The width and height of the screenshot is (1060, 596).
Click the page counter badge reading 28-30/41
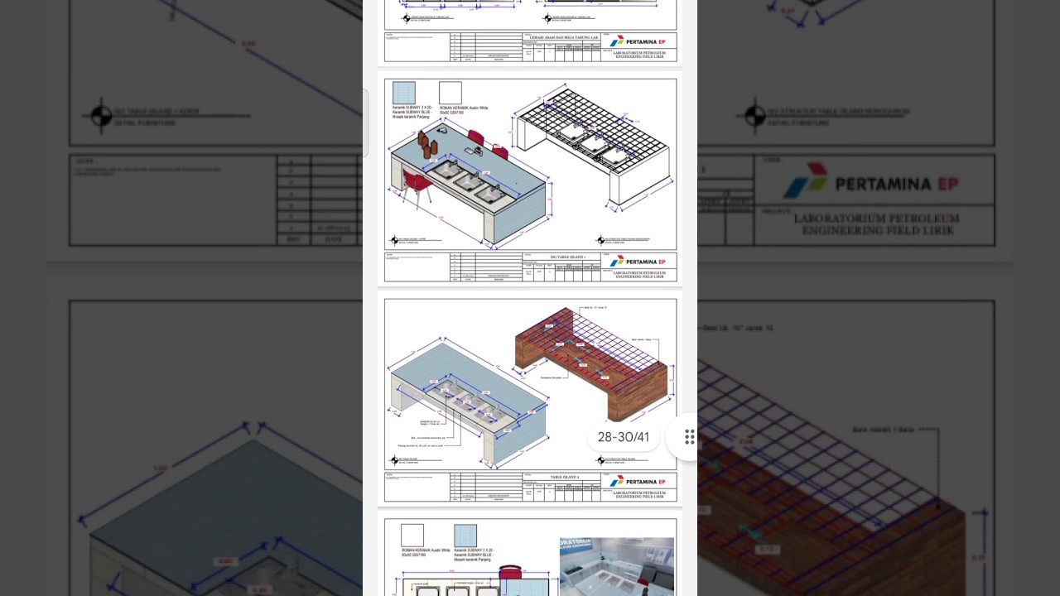coord(623,437)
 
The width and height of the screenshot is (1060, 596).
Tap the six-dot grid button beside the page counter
coord(689,437)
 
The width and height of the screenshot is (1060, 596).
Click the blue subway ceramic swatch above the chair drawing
coord(403,93)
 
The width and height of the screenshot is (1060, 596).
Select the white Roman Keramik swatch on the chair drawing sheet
coord(450,93)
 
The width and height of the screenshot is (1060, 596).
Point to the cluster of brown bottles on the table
coord(427,144)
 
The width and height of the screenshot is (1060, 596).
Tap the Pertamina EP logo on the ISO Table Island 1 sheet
coord(637,262)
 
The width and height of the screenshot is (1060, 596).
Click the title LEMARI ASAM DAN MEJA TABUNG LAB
coord(564,37)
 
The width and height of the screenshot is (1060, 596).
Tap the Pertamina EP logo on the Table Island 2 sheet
coord(637,481)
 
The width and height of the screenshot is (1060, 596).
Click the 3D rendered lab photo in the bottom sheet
coord(616,566)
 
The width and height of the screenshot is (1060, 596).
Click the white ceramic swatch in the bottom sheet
coord(412,536)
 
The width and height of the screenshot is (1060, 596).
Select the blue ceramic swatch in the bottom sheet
coord(465,536)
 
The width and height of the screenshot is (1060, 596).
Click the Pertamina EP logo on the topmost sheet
coord(637,41)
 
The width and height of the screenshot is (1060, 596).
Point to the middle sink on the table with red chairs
coord(466,180)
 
